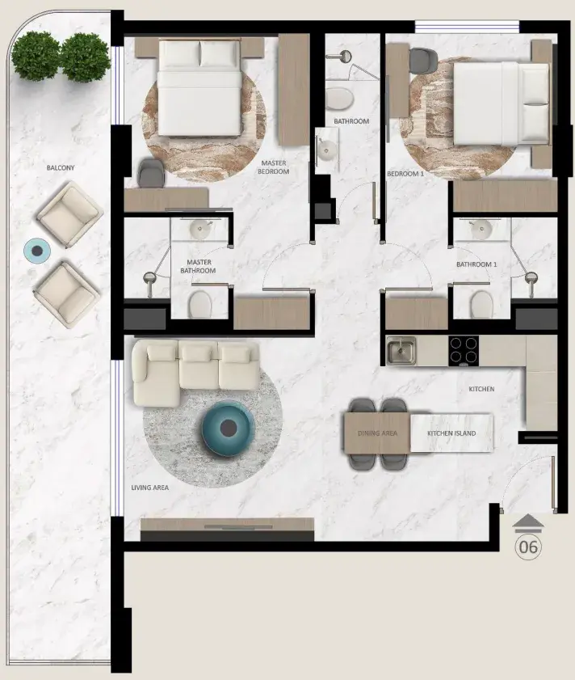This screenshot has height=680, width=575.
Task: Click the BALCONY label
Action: click(x=61, y=168)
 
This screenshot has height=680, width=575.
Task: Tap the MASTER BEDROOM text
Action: click(x=274, y=167)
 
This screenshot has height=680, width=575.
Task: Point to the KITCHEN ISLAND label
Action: click(x=451, y=433)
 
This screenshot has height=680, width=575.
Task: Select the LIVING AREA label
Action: click(x=150, y=488)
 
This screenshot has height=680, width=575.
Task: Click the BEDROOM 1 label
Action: click(x=405, y=174)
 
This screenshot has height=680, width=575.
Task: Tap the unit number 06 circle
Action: click(x=528, y=547)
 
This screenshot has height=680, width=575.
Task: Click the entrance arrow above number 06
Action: click(x=528, y=522)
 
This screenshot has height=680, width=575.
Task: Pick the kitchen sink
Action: click(x=401, y=350)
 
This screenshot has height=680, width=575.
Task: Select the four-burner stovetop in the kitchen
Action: click(x=464, y=350)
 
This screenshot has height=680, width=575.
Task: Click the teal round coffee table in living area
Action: click(x=228, y=429)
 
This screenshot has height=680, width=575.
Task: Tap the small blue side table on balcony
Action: click(x=37, y=251)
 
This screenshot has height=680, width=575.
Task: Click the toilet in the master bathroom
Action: click(x=199, y=303)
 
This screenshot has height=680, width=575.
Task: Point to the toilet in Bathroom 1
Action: click(x=482, y=304)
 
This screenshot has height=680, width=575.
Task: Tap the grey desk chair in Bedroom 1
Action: click(x=423, y=61)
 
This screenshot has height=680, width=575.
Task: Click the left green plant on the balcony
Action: click(x=36, y=56)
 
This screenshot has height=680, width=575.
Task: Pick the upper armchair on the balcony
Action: click(x=69, y=214)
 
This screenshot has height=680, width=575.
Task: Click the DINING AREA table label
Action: click(x=377, y=433)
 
